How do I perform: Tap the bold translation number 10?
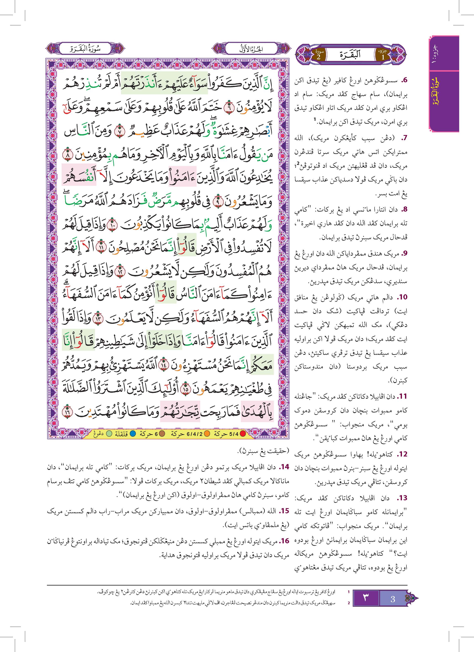(x=403, y=297)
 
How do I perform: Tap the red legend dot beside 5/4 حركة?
(x=243, y=434)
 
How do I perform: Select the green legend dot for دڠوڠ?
(x=109, y=434)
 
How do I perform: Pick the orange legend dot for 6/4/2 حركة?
(x=207, y=434)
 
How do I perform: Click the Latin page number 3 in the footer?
(x=393, y=599)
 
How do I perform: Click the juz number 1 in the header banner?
(x=383, y=56)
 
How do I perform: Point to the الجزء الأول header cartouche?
(x=251, y=49)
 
